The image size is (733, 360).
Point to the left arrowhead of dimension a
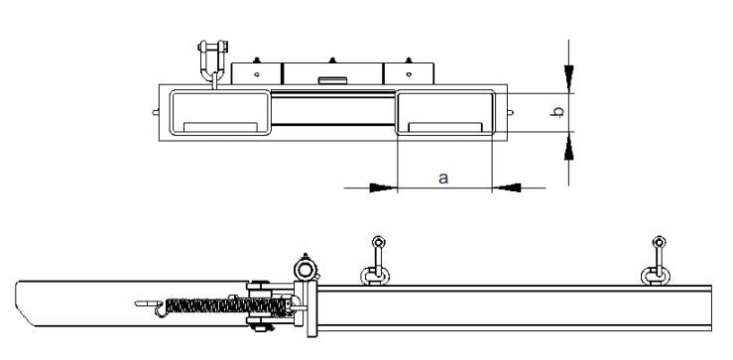click(x=383, y=185)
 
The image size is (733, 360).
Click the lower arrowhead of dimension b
click(x=568, y=149)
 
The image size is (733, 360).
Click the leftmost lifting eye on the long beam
click(x=376, y=260)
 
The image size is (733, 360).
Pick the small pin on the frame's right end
click(x=512, y=112)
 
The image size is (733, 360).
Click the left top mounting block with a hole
click(x=257, y=73)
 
